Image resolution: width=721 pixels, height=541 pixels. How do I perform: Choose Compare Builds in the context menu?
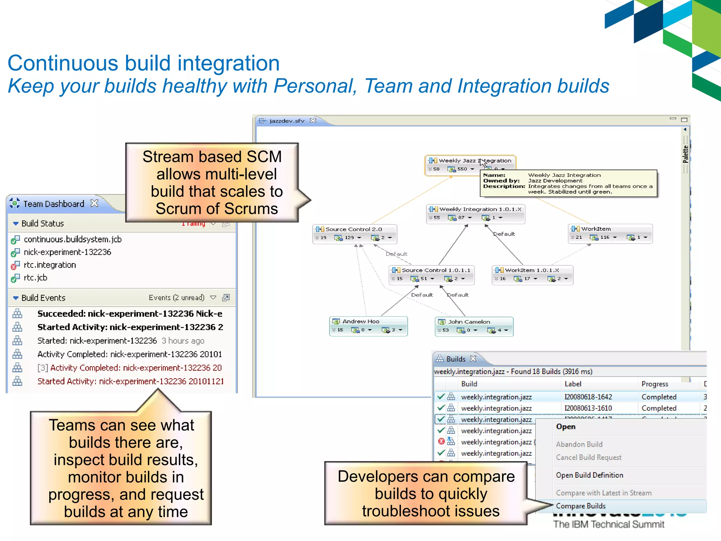tap(581, 506)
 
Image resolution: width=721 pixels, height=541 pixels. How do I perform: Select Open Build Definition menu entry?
tap(590, 475)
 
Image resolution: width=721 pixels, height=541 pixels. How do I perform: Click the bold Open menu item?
tap(566, 427)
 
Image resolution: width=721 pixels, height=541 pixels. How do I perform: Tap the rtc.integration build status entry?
tap(50, 265)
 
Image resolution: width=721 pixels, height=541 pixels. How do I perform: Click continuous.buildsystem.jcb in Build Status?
tap(73, 240)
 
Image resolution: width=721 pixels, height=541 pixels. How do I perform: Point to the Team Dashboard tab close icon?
tap(94, 204)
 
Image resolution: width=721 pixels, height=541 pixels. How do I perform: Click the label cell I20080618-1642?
tap(588, 397)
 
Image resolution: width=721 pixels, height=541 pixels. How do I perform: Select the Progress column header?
tap(655, 384)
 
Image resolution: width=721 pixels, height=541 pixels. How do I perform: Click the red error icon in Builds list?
tap(441, 442)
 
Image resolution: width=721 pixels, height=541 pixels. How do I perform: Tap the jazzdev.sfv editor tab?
tap(286, 121)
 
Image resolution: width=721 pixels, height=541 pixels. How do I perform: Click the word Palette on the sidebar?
tap(685, 154)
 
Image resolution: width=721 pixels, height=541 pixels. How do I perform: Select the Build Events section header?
tap(43, 298)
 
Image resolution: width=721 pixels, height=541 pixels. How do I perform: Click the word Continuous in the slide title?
tap(63, 64)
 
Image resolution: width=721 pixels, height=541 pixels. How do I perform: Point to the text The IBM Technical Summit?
tap(609, 524)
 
